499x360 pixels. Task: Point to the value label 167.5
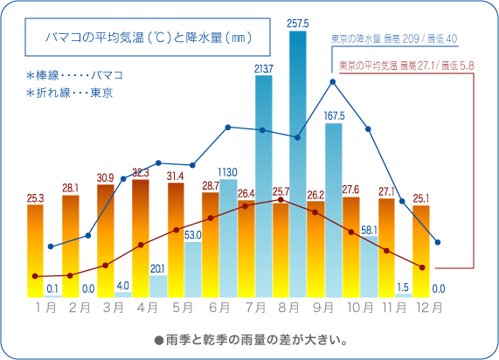[333, 115]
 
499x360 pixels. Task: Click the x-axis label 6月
[219, 308]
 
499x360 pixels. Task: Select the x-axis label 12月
[430, 308]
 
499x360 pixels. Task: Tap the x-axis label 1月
[45, 308]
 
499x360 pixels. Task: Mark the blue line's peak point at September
[333, 82]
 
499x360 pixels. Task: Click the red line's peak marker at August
[281, 200]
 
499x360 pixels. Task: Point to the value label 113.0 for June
[228, 171]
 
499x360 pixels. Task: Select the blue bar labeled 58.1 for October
[368, 267]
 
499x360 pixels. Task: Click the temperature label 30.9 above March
[106, 177]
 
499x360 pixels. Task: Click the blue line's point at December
[438, 242]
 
